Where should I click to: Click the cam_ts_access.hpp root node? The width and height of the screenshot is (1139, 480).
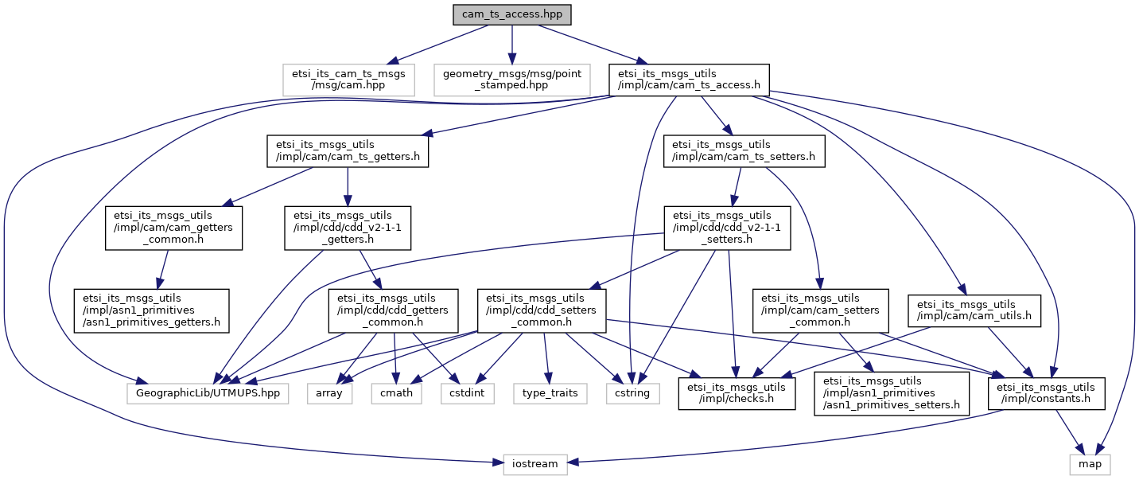(512, 14)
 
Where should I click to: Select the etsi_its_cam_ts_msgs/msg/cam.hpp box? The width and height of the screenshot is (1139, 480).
(348, 80)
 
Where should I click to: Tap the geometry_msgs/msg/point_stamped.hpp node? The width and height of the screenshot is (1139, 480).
(512, 80)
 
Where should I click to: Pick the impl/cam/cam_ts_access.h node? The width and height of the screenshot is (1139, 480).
(689, 80)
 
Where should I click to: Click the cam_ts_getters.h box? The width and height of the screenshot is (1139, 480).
(348, 151)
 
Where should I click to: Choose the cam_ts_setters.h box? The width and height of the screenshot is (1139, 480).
(744, 151)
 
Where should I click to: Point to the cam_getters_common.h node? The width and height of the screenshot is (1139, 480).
(173, 228)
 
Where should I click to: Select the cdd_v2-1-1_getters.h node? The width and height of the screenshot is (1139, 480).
(348, 228)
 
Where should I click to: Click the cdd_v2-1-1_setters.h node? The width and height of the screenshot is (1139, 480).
(727, 228)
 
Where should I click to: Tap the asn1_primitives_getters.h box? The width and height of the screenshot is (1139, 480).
(152, 311)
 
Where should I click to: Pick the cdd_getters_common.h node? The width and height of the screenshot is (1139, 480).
(393, 311)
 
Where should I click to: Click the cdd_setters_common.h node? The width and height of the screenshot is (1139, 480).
(542, 311)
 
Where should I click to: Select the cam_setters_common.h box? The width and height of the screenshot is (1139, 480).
(821, 311)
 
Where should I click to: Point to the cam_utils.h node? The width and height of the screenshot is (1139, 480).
(974, 311)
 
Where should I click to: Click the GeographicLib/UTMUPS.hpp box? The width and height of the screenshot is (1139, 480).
(208, 393)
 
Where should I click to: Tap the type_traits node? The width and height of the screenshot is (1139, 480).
(550, 393)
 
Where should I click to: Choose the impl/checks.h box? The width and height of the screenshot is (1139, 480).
(737, 393)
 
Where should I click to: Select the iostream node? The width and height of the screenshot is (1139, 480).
(535, 465)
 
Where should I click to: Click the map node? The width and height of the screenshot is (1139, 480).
(1090, 465)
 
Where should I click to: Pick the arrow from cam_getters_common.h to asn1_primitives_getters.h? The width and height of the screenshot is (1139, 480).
(163, 269)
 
